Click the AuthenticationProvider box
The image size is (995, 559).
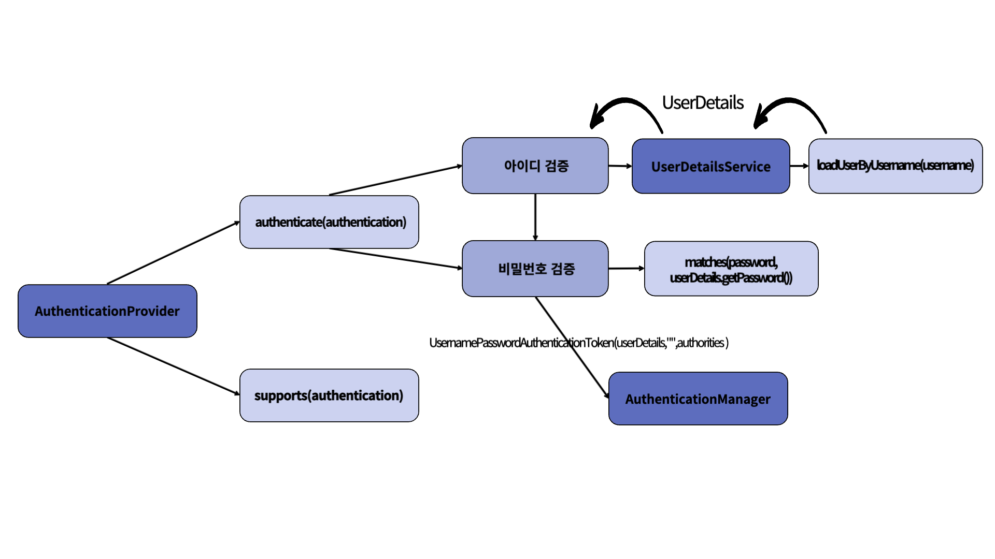tap(107, 311)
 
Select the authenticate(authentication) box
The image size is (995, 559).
tap(329, 222)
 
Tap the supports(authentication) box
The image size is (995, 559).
tap(329, 395)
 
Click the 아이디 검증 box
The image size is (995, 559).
tap(535, 166)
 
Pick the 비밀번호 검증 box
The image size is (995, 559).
tap(535, 269)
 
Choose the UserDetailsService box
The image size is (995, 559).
tap(711, 166)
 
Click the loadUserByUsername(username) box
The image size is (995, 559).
tap(895, 166)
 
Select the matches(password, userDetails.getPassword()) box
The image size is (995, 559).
tap(731, 269)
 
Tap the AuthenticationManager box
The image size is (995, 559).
tap(698, 399)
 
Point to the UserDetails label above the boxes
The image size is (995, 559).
tap(703, 102)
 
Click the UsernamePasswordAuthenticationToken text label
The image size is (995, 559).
tap(579, 343)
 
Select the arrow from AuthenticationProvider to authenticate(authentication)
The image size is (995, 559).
tap(174, 253)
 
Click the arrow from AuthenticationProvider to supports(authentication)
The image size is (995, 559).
tap(174, 366)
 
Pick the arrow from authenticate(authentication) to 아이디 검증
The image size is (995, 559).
tap(396, 180)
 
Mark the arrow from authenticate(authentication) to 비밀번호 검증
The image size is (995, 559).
tap(396, 259)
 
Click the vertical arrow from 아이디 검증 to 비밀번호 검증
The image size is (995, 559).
tap(535, 217)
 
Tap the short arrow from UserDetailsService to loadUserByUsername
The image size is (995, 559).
tap(799, 166)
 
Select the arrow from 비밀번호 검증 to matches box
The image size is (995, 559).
tap(627, 269)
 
